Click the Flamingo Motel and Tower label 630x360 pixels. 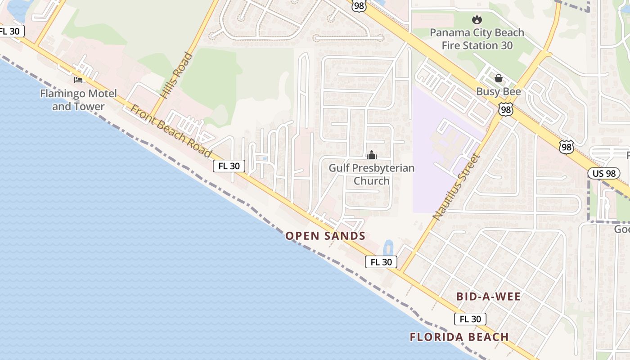click(78, 100)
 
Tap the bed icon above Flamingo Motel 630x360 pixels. click(78, 80)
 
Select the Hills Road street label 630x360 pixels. click(176, 75)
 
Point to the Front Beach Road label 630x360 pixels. click(171, 131)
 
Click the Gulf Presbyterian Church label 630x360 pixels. click(371, 174)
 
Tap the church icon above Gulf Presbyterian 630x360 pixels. click(371, 155)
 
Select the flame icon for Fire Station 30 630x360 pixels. click(477, 19)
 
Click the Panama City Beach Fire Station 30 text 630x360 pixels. click(477, 39)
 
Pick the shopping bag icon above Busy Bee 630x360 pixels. click(499, 78)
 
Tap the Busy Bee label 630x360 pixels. click(499, 92)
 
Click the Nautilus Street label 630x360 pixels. click(457, 186)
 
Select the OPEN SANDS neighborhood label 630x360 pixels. click(325, 236)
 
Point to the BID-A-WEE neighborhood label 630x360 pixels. click(488, 297)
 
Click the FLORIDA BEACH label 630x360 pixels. click(459, 337)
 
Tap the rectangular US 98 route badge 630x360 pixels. click(603, 173)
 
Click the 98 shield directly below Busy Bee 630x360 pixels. click(506, 109)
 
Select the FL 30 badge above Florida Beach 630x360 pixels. click(470, 319)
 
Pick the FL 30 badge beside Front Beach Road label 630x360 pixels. click(229, 166)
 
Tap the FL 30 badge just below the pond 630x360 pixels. click(381, 262)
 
